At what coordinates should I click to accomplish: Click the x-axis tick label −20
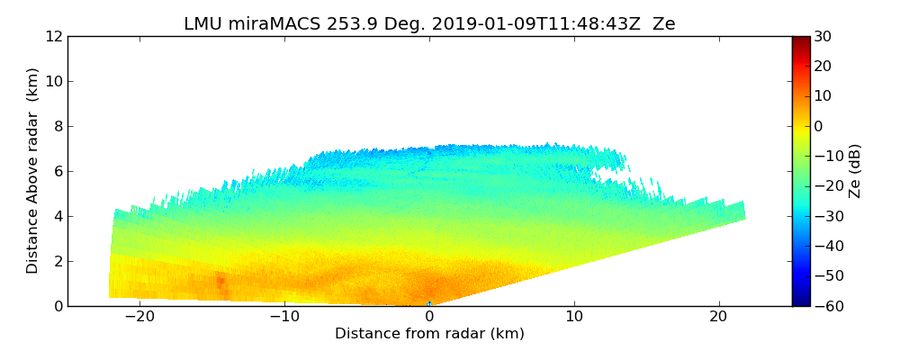139,317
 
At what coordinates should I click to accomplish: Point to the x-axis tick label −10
284,317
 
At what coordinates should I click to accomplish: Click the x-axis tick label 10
574,317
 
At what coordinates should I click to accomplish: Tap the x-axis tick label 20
719,317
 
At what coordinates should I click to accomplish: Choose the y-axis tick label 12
54,36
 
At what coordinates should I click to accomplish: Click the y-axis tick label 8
58,126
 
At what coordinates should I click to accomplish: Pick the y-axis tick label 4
58,216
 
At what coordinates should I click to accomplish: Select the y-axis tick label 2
58,261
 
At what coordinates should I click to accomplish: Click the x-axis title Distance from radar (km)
429,334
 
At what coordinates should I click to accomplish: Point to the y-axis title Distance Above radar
33,171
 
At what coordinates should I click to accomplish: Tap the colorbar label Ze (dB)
855,171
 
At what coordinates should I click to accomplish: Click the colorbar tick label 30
823,36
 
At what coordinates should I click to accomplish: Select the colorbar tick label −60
826,306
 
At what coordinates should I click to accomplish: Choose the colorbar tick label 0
818,126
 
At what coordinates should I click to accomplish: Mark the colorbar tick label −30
826,216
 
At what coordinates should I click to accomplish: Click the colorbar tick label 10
823,96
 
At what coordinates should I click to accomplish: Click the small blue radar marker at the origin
429,304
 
